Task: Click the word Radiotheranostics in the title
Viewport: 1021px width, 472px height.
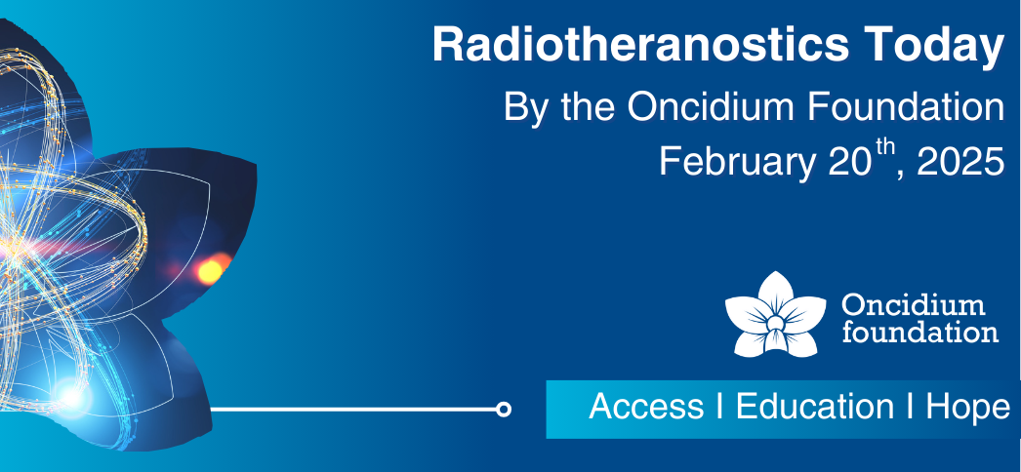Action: (x=640, y=45)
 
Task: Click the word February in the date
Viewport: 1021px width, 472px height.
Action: (x=736, y=163)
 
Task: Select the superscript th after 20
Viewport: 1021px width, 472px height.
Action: (x=882, y=151)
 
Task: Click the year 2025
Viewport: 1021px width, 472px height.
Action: (x=960, y=161)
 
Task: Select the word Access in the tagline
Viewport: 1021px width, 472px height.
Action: (x=646, y=407)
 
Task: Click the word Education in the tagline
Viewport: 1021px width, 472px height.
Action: (x=814, y=407)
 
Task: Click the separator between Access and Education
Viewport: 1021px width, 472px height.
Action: (x=718, y=407)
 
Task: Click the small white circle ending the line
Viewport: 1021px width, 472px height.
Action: (x=503, y=409)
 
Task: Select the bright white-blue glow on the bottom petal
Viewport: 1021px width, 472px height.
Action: (x=70, y=396)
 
